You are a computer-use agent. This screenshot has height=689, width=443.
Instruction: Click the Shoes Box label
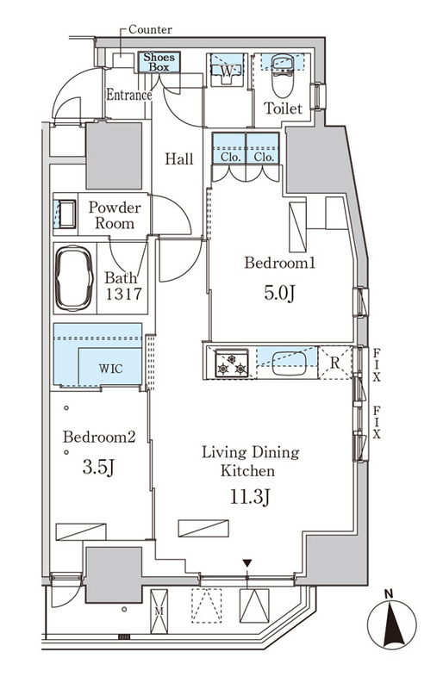coord(159,62)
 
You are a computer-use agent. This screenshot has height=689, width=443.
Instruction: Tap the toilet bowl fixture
coord(283,75)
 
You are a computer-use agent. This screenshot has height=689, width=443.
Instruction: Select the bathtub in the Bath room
coord(74,278)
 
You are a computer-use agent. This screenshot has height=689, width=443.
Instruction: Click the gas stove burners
coord(232,363)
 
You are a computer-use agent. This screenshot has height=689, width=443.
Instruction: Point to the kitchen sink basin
coord(289,363)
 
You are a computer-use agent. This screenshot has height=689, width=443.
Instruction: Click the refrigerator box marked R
coord(334,363)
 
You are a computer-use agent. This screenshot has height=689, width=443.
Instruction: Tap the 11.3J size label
coord(249,498)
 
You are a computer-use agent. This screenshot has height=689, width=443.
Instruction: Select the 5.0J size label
coord(279,293)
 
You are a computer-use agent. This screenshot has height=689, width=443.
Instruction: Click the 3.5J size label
coord(98,468)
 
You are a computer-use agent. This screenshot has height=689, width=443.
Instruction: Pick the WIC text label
coord(110,369)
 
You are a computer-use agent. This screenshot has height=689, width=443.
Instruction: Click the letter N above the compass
coord(388,595)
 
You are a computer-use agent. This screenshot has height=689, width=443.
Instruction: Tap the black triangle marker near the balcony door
coord(247,563)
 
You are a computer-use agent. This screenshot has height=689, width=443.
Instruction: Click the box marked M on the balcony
coord(159,611)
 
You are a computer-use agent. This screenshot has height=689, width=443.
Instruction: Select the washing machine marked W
coord(227,71)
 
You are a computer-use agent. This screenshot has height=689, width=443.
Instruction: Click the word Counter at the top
coord(150,30)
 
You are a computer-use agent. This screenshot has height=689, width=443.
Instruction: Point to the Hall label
coord(179,158)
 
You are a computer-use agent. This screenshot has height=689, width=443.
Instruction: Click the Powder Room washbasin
coord(66,214)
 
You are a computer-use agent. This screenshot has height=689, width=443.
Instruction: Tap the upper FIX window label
coord(377,364)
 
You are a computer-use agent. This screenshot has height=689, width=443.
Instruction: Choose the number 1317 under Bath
coord(123,294)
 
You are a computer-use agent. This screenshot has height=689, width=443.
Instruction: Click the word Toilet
coord(284,109)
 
